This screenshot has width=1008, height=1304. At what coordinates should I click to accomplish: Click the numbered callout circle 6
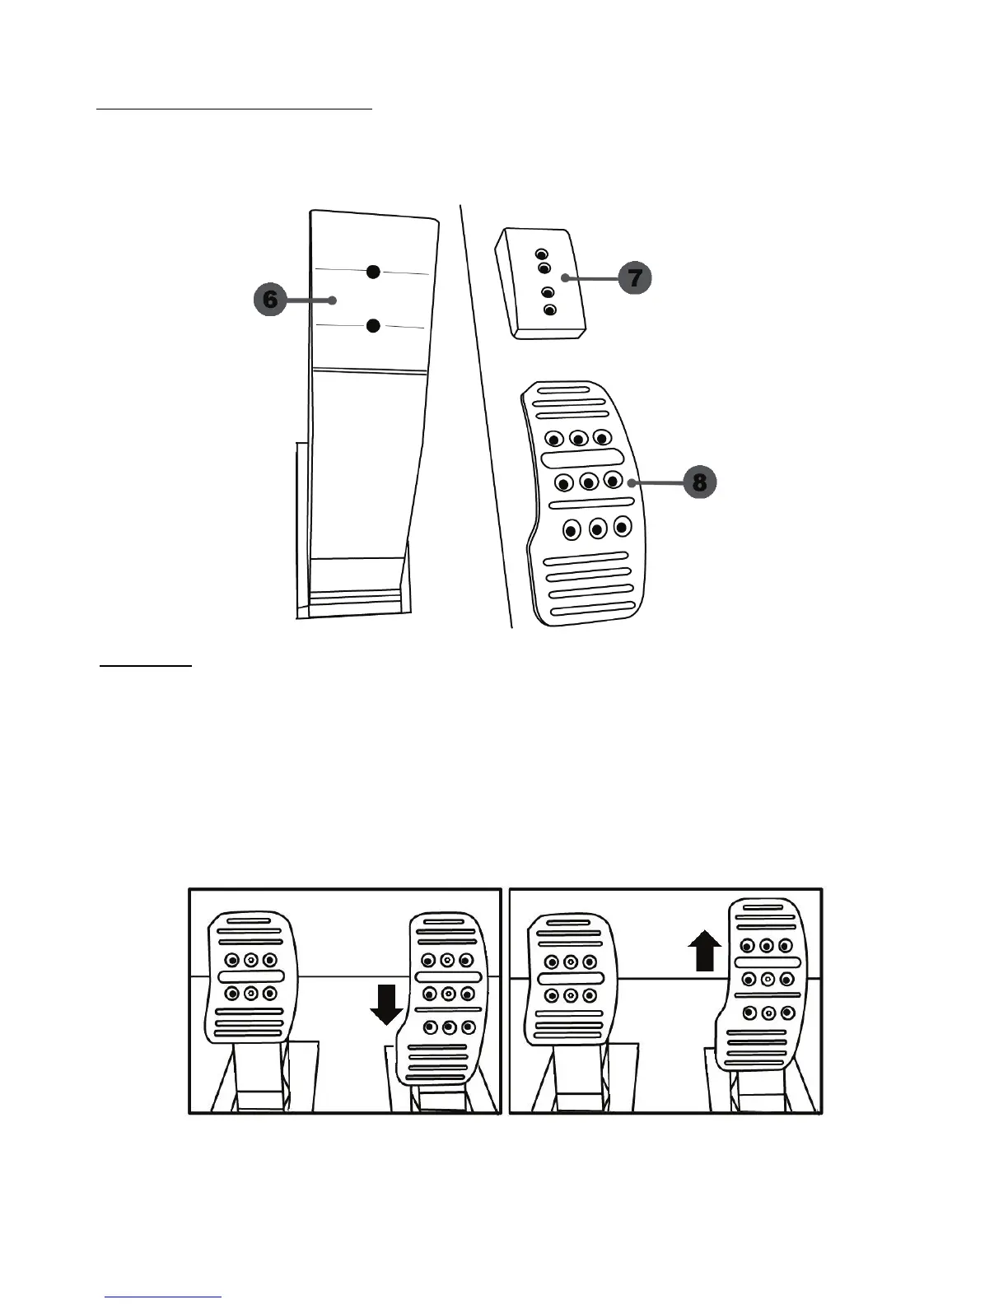(270, 300)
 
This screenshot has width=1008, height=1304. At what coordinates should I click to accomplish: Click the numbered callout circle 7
(635, 278)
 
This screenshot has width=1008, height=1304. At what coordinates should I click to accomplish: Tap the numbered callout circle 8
(699, 482)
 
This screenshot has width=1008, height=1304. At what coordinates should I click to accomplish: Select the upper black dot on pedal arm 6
(373, 271)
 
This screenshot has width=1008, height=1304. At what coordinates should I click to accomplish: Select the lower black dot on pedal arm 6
(373, 326)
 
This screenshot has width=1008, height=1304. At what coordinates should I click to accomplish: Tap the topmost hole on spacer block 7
(541, 254)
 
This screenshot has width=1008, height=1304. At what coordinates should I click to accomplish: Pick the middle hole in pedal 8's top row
(578, 438)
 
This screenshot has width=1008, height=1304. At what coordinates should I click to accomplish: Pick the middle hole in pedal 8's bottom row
(598, 528)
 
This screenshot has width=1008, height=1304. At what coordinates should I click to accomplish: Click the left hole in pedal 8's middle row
(564, 482)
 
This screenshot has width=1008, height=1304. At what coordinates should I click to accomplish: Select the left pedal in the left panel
(250, 977)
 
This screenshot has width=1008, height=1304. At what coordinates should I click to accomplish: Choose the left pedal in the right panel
(570, 977)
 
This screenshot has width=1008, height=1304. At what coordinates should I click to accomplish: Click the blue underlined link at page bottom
(164, 1297)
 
